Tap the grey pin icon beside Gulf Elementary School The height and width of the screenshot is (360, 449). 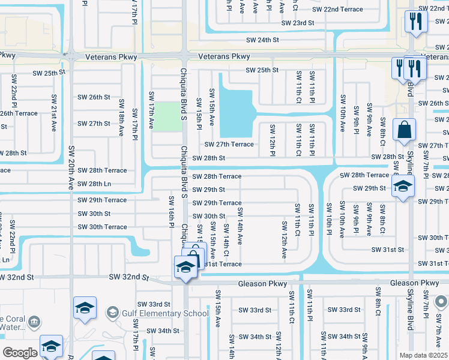[x=112, y=313]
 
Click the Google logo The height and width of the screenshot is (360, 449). [x=20, y=353]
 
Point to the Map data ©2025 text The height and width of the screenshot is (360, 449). [x=424, y=355]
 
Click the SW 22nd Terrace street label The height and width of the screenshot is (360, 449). [x=337, y=10]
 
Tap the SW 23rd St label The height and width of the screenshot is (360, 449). [x=298, y=23]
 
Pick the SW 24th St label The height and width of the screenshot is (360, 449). [x=263, y=40]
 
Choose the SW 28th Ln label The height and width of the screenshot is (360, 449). [x=94, y=184]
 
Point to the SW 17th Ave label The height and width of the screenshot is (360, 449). [x=152, y=110]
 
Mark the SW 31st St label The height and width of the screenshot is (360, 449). [x=385, y=250]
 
